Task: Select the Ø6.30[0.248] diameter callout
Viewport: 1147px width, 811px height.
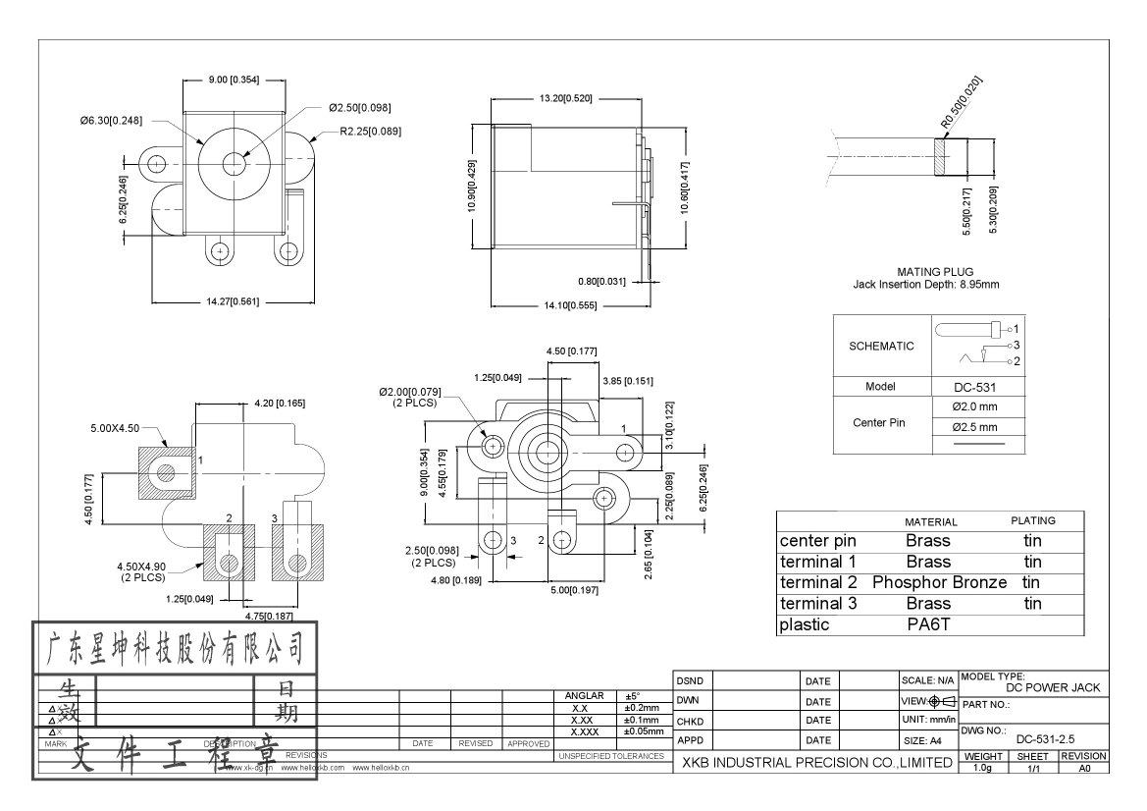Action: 111,121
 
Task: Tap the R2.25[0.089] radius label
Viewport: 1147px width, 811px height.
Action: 370,131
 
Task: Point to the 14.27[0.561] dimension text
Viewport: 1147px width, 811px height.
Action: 233,301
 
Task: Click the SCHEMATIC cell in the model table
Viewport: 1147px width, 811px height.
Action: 880,346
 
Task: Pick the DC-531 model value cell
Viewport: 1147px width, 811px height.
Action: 974,387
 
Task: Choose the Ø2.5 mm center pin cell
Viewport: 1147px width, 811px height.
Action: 974,427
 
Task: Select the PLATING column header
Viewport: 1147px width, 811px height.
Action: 1032,520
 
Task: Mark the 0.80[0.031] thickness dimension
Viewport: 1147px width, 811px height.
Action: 600,282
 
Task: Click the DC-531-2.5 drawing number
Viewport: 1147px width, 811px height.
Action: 1048,738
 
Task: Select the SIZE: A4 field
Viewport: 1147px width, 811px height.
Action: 922,739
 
